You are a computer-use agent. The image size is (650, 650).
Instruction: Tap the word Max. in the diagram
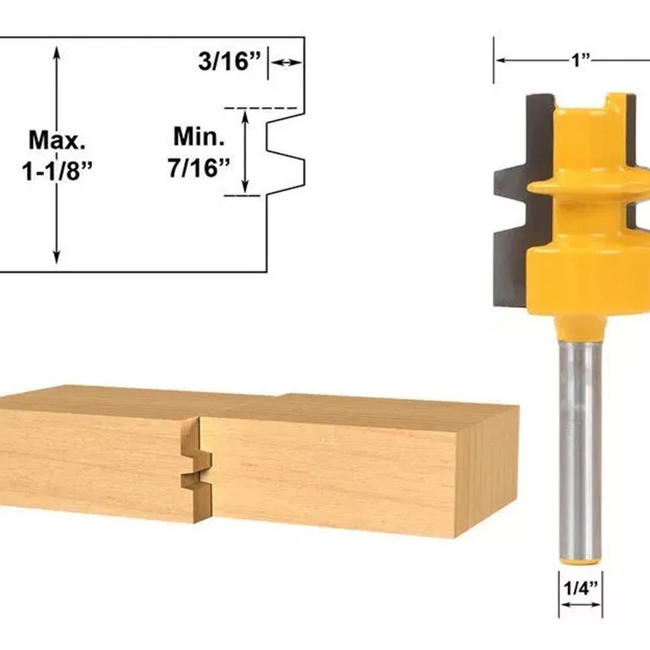click(57, 140)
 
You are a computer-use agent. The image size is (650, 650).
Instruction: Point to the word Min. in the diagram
click(199, 137)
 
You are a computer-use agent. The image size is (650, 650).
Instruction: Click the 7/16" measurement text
click(196, 168)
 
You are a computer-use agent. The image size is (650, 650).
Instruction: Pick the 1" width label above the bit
click(581, 60)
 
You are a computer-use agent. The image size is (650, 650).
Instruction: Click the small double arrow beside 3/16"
click(285, 63)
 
